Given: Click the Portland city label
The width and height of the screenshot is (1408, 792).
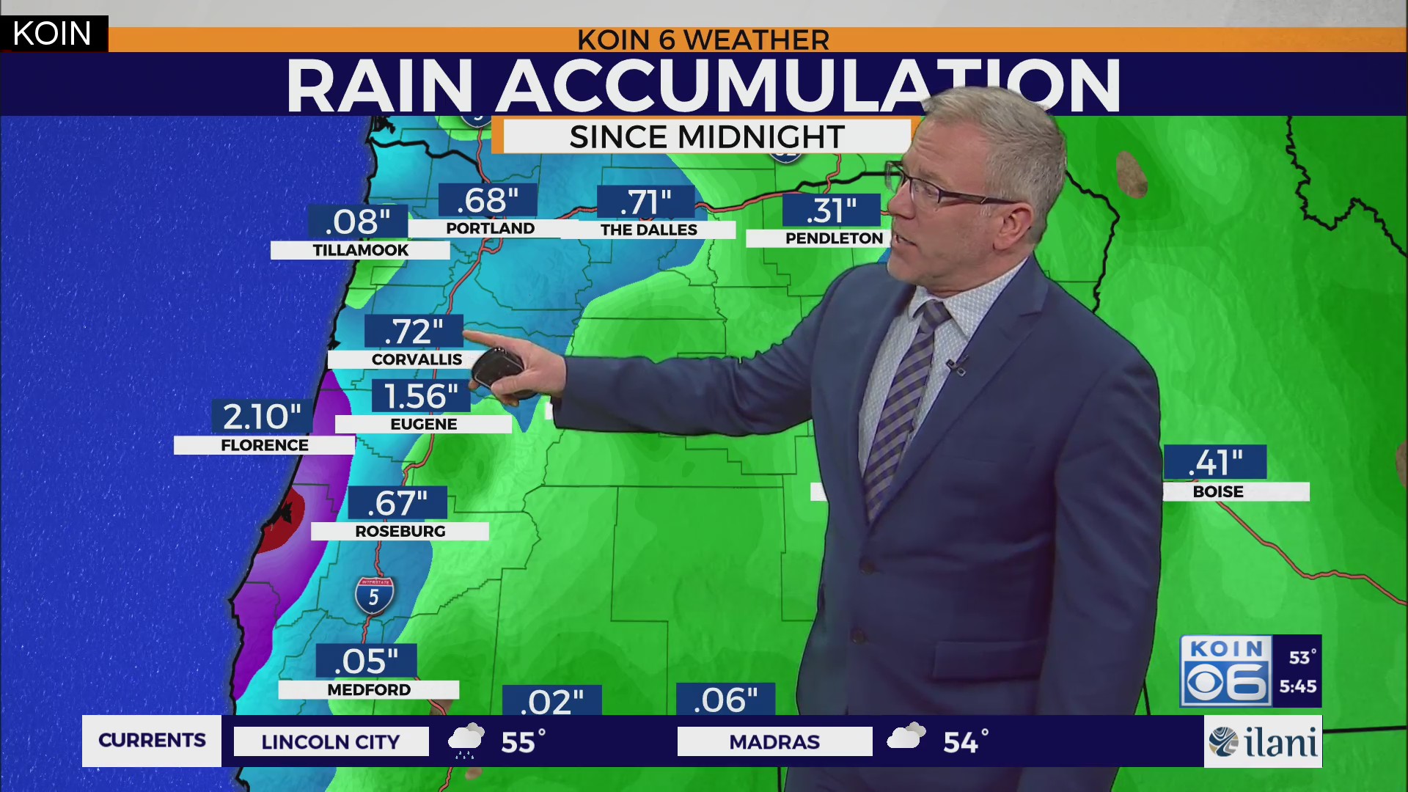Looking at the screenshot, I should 490,228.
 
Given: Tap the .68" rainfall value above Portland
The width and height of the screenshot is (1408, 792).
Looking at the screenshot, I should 488,200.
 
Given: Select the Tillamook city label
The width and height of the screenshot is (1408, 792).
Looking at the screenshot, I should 360,250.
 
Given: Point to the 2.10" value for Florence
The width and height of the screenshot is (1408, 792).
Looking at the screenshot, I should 262,417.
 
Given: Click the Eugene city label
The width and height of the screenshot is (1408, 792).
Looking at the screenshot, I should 423,424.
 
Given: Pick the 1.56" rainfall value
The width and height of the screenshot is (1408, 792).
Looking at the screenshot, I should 421,396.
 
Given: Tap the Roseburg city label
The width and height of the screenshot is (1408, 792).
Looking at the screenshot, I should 400,531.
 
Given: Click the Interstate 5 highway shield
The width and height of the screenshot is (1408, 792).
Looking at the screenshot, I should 374,595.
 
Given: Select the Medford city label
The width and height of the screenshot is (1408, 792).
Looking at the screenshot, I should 368,689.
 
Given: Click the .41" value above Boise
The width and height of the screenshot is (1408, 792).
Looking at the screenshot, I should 1215,463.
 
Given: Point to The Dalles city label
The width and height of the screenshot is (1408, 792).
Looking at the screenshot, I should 648,230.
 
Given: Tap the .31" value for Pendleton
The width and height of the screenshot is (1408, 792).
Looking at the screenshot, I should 831,210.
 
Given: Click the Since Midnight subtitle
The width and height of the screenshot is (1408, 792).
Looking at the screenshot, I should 707,136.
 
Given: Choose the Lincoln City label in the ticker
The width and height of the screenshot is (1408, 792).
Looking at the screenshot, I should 331,741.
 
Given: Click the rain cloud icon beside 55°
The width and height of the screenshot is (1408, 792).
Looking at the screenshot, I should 466,740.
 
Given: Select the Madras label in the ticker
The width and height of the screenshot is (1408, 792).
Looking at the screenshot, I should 774,741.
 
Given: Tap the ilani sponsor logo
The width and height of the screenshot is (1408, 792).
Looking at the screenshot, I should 1263,741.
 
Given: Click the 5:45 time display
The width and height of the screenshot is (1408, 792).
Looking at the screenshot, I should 1297,686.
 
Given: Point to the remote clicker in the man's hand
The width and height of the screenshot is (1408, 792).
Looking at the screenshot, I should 497,371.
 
